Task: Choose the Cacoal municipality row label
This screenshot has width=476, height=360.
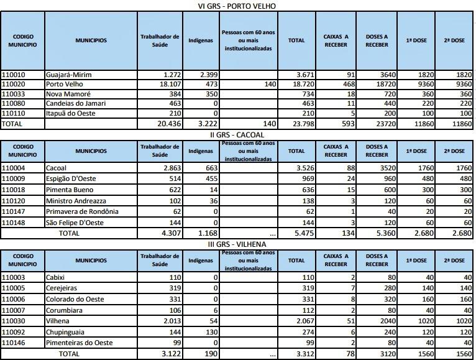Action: (x=57, y=168)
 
